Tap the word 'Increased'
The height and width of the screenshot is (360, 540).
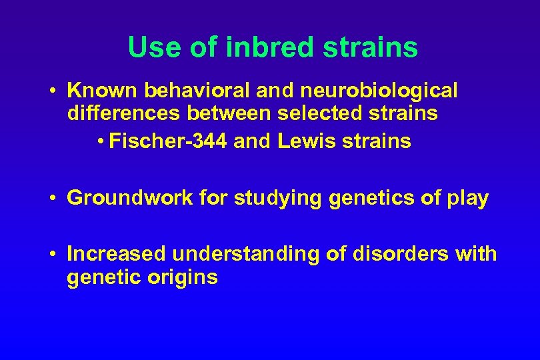[117, 254]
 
